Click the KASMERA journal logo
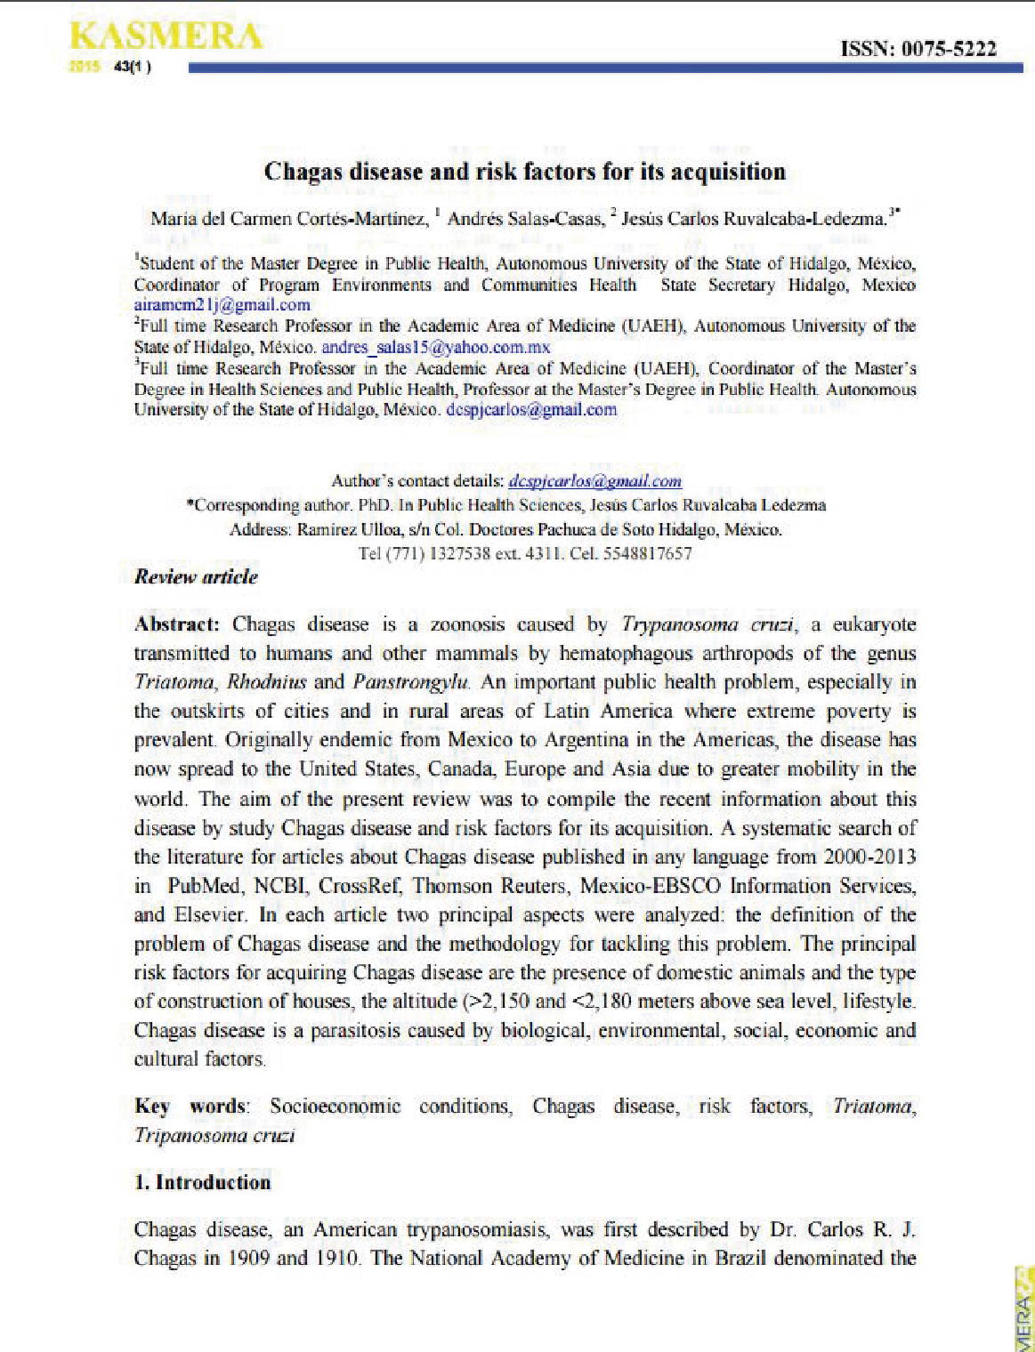(166, 37)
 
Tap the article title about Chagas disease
(524, 171)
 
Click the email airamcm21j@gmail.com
(222, 305)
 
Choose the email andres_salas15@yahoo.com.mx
(435, 348)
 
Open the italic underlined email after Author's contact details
(595, 481)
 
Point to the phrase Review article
(196, 576)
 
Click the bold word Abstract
(175, 624)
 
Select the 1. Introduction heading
(202, 1182)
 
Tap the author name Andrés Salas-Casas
(524, 219)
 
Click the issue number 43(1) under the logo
(132, 67)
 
